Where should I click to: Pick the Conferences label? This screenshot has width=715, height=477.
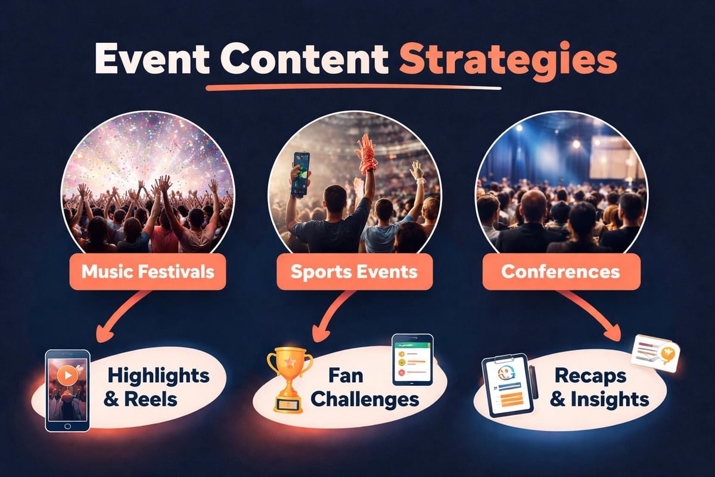point(560,272)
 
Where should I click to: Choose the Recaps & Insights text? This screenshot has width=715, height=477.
point(596,388)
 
